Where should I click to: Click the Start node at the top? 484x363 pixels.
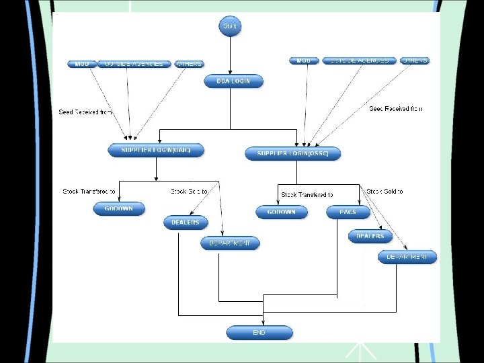point(230,26)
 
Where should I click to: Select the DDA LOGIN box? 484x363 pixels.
point(233,81)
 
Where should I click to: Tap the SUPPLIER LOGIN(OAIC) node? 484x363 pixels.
point(155,151)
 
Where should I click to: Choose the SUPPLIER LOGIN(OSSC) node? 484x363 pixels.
point(292,154)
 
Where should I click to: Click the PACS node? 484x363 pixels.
point(348,212)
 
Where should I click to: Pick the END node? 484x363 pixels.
point(259,333)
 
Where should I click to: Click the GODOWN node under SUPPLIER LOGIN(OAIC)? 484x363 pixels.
point(118,209)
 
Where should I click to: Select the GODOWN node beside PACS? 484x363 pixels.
point(281,212)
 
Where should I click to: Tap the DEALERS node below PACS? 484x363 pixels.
point(370,236)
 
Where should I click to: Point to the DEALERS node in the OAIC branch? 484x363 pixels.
point(186,223)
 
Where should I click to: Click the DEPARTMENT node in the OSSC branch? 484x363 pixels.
point(407,257)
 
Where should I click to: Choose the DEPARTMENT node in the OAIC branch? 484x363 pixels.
point(230,243)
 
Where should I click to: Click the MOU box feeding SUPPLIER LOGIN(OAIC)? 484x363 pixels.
point(82,64)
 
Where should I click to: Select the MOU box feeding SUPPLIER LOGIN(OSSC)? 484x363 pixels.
point(304,61)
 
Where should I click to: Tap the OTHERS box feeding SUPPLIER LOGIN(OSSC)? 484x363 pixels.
point(415,61)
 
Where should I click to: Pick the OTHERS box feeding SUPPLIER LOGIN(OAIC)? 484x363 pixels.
point(189,64)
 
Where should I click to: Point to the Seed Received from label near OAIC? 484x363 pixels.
point(85,112)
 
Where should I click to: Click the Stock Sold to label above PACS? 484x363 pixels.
point(385,192)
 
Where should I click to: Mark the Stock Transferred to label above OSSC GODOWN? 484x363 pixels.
point(307,195)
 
